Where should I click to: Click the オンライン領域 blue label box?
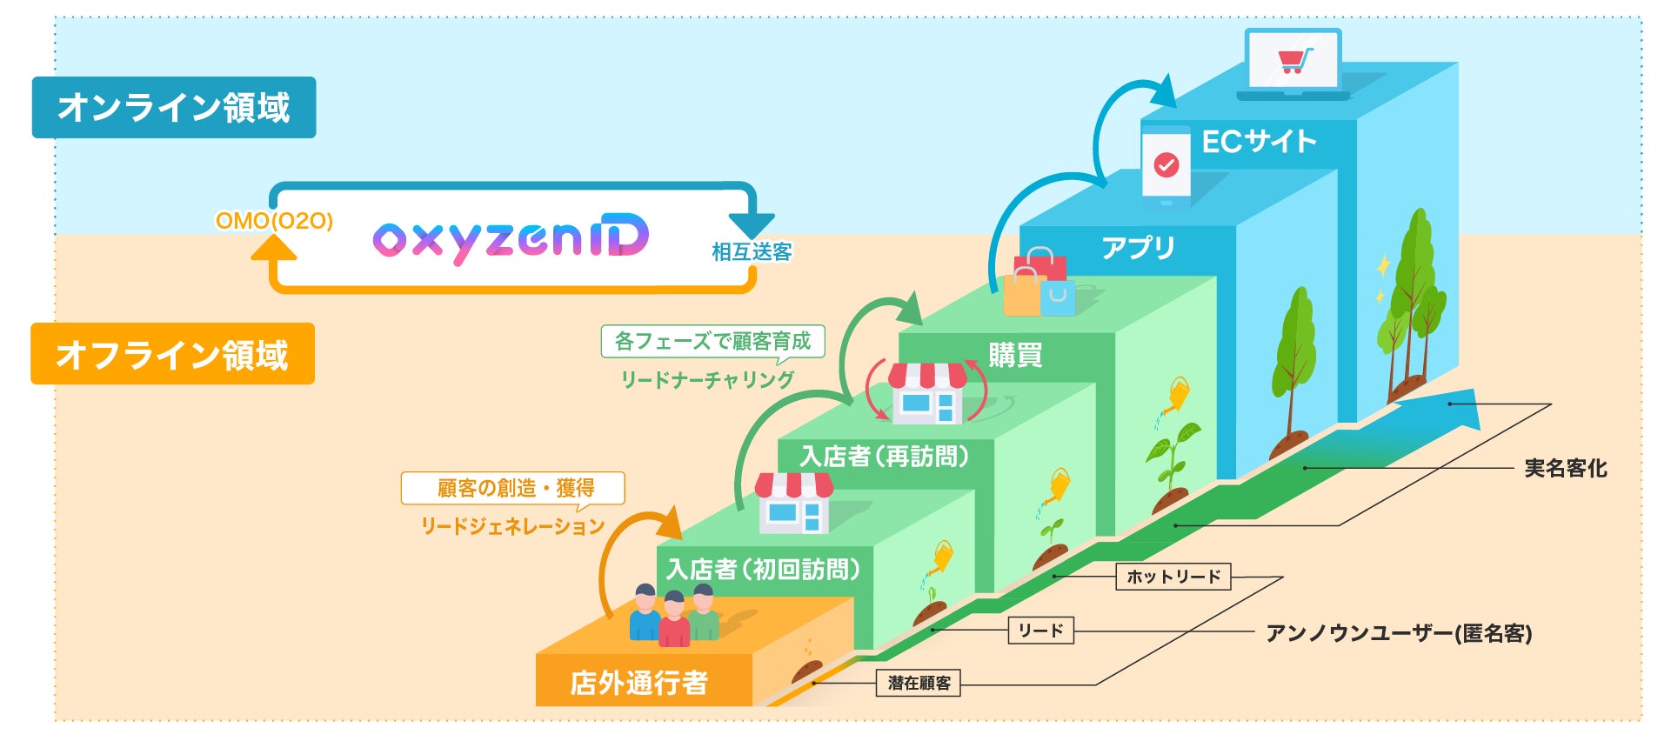coord(174,108)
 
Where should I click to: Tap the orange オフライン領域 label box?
coord(172,354)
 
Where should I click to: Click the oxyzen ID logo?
coord(511,237)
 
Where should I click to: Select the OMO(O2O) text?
coord(274,221)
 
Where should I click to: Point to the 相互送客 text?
coord(752,252)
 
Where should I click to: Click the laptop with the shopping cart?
coord(1293,63)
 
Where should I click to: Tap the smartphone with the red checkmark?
coord(1166,166)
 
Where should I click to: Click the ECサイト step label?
coord(1259,142)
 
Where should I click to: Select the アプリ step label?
coord(1138,249)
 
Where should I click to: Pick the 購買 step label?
coord(1015,355)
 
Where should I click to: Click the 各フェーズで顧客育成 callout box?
coord(712,341)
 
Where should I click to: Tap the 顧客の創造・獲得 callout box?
coord(513,488)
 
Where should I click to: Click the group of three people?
coord(674,615)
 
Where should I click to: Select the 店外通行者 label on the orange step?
coord(638,683)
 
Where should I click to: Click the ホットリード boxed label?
coord(1173,577)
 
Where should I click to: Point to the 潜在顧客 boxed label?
coord(919,684)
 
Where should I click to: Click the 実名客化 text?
coord(1565,469)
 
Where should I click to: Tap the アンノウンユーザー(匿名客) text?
coord(1399,633)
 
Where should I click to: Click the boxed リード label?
coord(1040,631)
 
